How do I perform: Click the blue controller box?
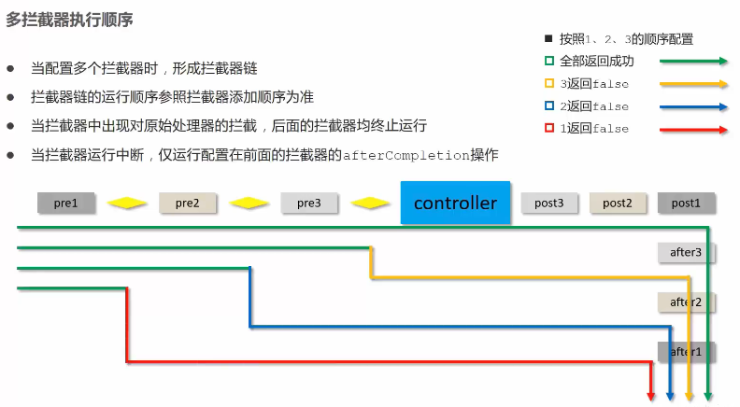pos(456,203)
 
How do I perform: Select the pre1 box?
pos(66,203)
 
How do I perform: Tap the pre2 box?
pos(188,203)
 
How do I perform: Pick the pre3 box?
pos(309,203)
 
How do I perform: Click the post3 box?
pos(548,203)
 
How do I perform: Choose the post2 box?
pos(618,203)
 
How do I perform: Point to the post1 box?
pos(686,203)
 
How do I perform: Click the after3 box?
pos(686,252)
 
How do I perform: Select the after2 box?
pos(686,302)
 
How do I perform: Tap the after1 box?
pos(686,351)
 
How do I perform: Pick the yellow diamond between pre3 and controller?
pos(370,203)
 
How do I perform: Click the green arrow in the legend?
pos(693,62)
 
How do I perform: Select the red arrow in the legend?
pos(693,129)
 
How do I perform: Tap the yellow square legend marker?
pos(549,84)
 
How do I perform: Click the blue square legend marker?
pos(549,106)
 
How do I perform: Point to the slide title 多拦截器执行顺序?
pos(70,20)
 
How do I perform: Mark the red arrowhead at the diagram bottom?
pos(652,396)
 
